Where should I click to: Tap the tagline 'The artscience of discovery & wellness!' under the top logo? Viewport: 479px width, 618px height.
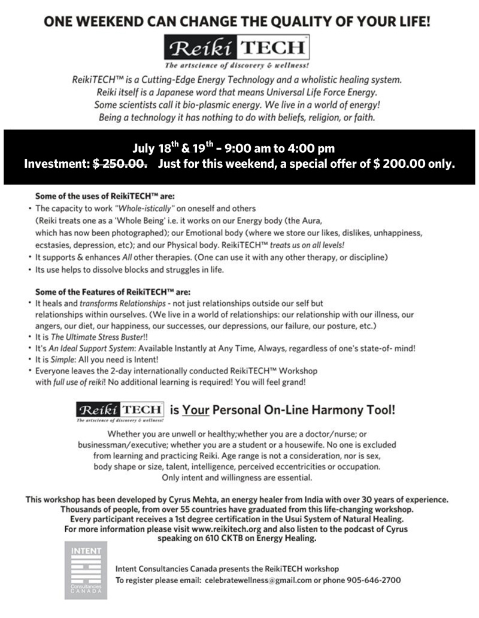click(239, 65)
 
